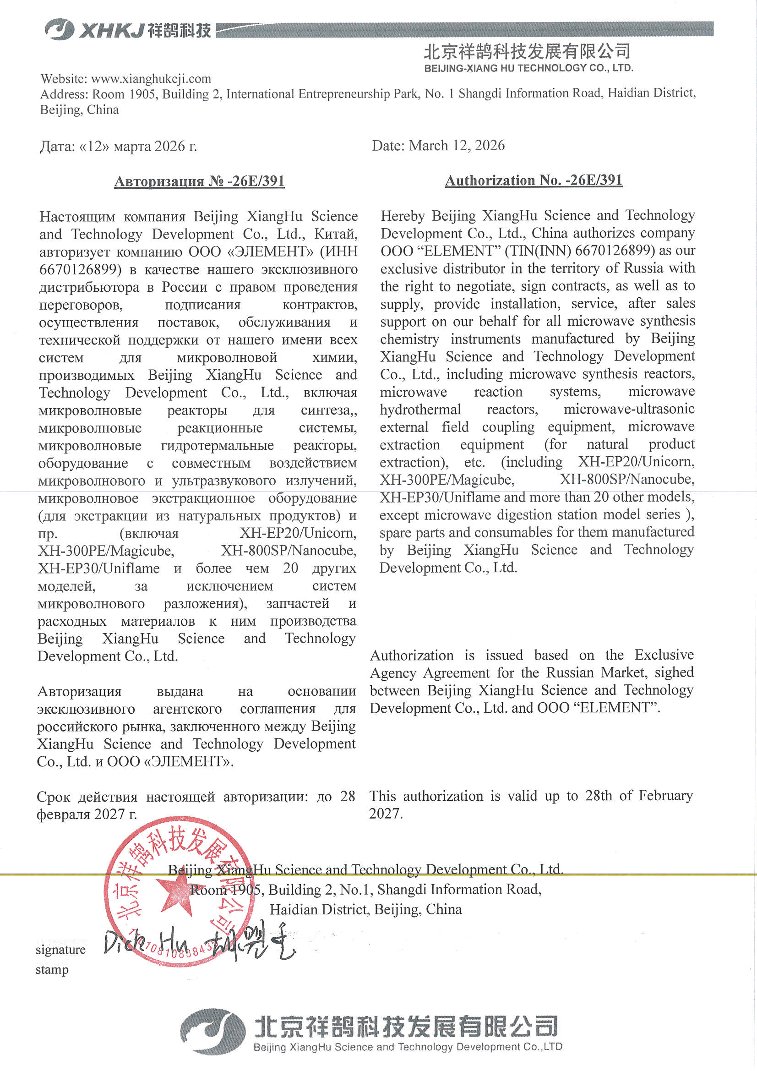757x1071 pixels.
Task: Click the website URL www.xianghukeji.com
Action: point(151,78)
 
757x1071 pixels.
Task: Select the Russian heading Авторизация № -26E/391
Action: point(199,181)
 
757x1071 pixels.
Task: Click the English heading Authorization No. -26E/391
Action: point(534,180)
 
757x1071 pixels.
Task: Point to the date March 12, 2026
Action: point(457,146)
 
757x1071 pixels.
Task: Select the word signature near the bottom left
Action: point(60,950)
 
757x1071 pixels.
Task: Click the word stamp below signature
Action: point(52,970)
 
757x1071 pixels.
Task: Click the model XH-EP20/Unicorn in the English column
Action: point(636,461)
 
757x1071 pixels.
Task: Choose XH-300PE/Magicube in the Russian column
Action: point(106,551)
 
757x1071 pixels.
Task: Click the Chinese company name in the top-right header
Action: point(528,51)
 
